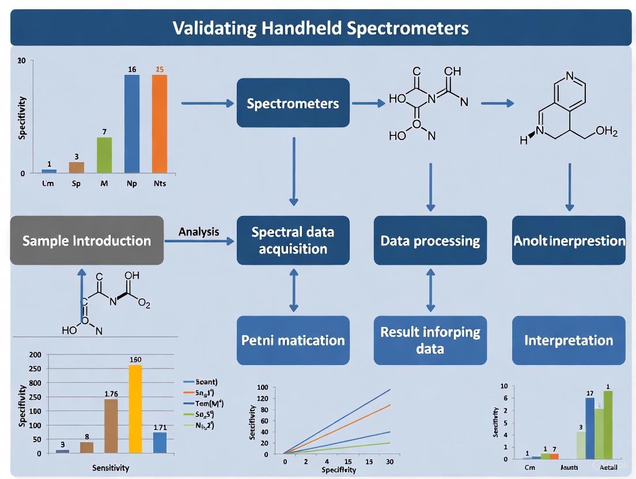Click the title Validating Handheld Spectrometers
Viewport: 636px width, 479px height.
tap(320, 28)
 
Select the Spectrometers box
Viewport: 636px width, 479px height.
tap(293, 103)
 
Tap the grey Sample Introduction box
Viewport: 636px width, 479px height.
tap(87, 241)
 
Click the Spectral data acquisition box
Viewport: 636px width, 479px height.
tap(293, 240)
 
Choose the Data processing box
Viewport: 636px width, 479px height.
tap(430, 240)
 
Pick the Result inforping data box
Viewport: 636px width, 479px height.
tap(430, 340)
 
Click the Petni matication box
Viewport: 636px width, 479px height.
tap(293, 340)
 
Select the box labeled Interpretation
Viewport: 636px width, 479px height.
tap(568, 340)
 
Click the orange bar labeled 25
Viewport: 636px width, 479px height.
tap(160, 124)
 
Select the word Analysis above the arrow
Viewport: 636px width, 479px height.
tap(199, 231)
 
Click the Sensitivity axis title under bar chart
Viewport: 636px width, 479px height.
tap(111, 468)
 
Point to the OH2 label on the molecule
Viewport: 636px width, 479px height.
tap(606, 132)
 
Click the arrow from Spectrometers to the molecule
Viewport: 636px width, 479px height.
tap(368, 103)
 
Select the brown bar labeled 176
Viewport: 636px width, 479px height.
tap(111, 426)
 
